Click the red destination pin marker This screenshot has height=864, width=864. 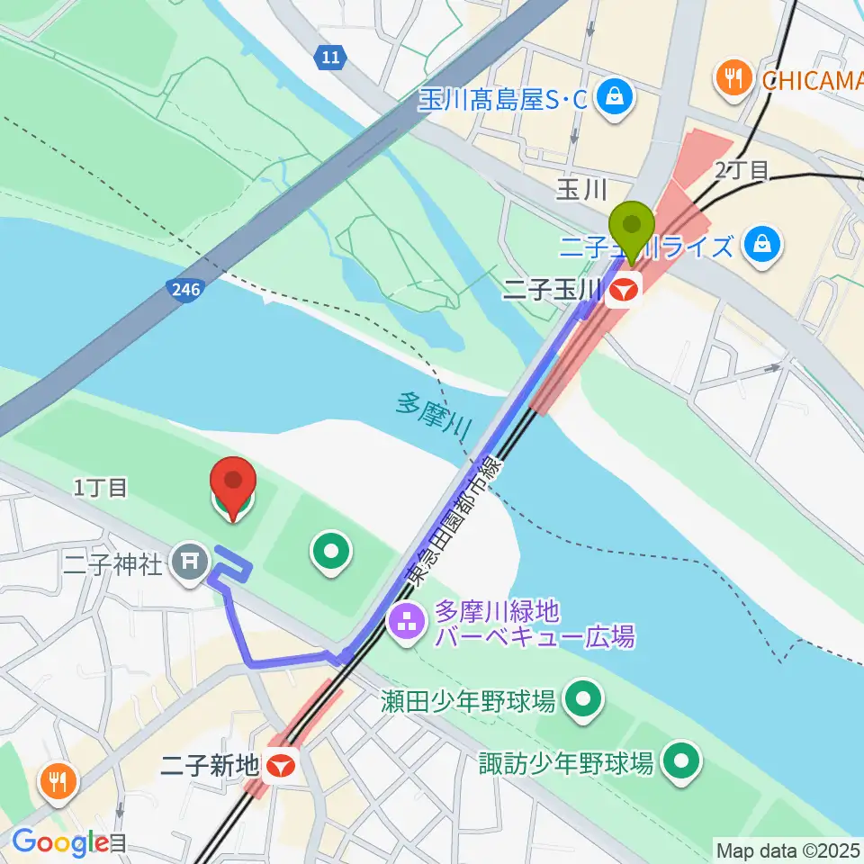pyautogui.click(x=233, y=490)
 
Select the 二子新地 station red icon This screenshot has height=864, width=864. pyautogui.click(x=282, y=765)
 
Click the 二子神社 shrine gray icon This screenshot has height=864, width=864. pyautogui.click(x=191, y=564)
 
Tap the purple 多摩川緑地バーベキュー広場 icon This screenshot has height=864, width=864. pyautogui.click(x=407, y=620)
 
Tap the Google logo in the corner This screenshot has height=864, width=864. pyautogui.click(x=59, y=843)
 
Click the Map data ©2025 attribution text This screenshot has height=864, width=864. pyautogui.click(x=788, y=849)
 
